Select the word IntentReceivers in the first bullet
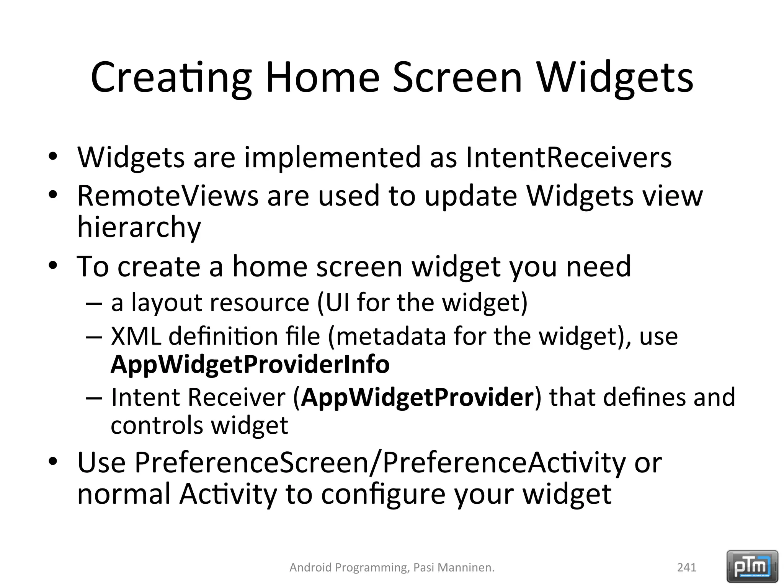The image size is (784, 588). pyautogui.click(x=568, y=157)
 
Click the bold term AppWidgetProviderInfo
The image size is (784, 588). pyautogui.click(x=250, y=364)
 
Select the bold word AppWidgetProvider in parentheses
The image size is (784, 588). pyautogui.click(x=417, y=397)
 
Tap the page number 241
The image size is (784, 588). pyautogui.click(x=686, y=567)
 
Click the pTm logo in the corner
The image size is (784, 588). pyautogui.click(x=752, y=566)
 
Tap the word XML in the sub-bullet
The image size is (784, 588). pyautogui.click(x=136, y=336)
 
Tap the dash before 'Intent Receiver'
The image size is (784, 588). pyautogui.click(x=94, y=398)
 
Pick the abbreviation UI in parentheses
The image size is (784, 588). pyautogui.click(x=337, y=302)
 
